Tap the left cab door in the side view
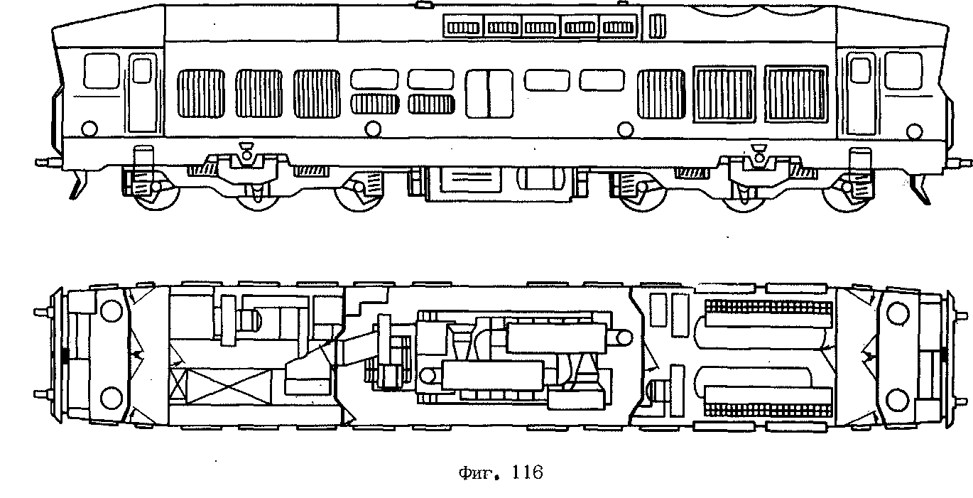point(143,92)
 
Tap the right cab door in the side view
point(860,92)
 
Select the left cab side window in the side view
point(101,71)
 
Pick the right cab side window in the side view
point(904,71)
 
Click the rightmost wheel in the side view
point(847,199)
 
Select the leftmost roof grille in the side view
point(462,27)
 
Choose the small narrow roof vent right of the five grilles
point(657,26)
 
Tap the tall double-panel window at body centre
point(489,93)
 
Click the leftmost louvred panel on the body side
point(200,93)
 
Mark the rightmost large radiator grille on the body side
point(796,92)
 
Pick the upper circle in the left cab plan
point(112,310)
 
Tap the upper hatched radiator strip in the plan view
point(767,307)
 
